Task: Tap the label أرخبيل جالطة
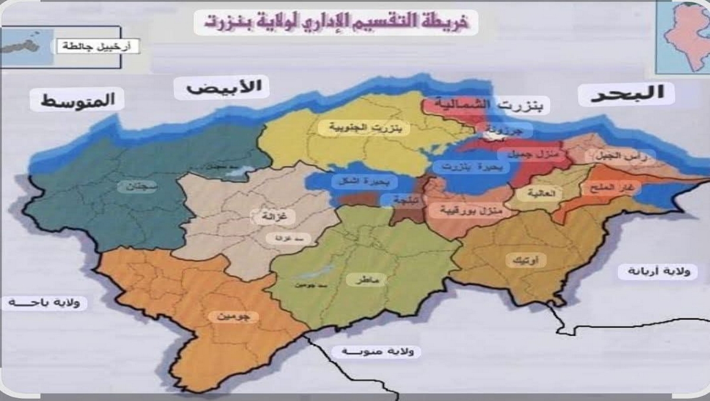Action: (98, 46)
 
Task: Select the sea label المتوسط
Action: (78, 100)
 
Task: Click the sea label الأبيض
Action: (221, 88)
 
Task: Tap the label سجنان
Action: (137, 187)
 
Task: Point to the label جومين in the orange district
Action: (234, 317)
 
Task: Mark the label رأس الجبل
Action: (619, 156)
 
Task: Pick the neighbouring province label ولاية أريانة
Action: (648, 272)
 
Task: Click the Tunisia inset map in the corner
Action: (683, 37)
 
